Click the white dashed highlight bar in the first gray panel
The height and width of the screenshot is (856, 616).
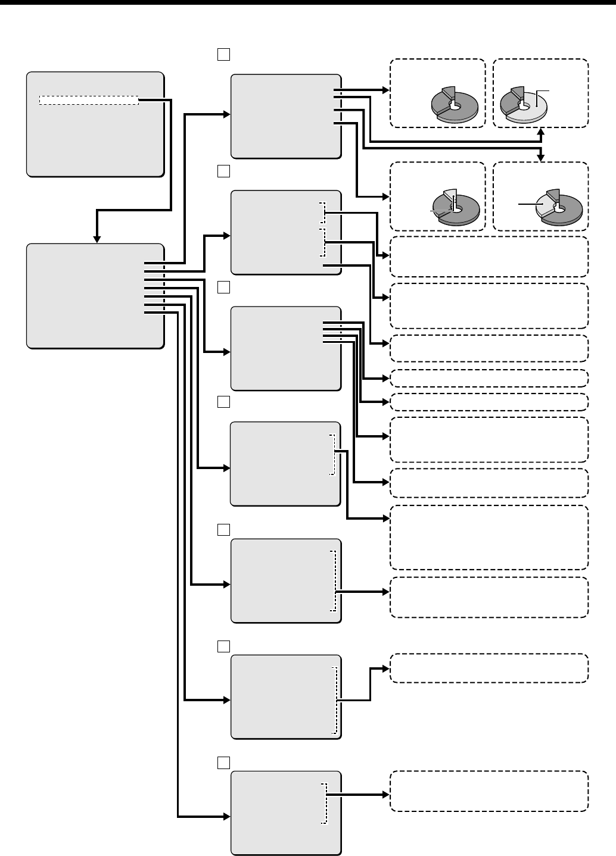[89, 100]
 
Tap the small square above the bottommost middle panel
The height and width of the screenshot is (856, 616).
[223, 763]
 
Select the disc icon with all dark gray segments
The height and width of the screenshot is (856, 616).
[454, 106]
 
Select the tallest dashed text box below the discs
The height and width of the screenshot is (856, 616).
[489, 538]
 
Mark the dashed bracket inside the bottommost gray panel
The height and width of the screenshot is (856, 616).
[325, 803]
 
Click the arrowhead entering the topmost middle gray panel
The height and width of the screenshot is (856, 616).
[226, 113]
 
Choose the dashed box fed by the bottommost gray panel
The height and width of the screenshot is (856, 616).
[489, 791]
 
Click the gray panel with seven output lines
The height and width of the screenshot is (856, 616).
[95, 295]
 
